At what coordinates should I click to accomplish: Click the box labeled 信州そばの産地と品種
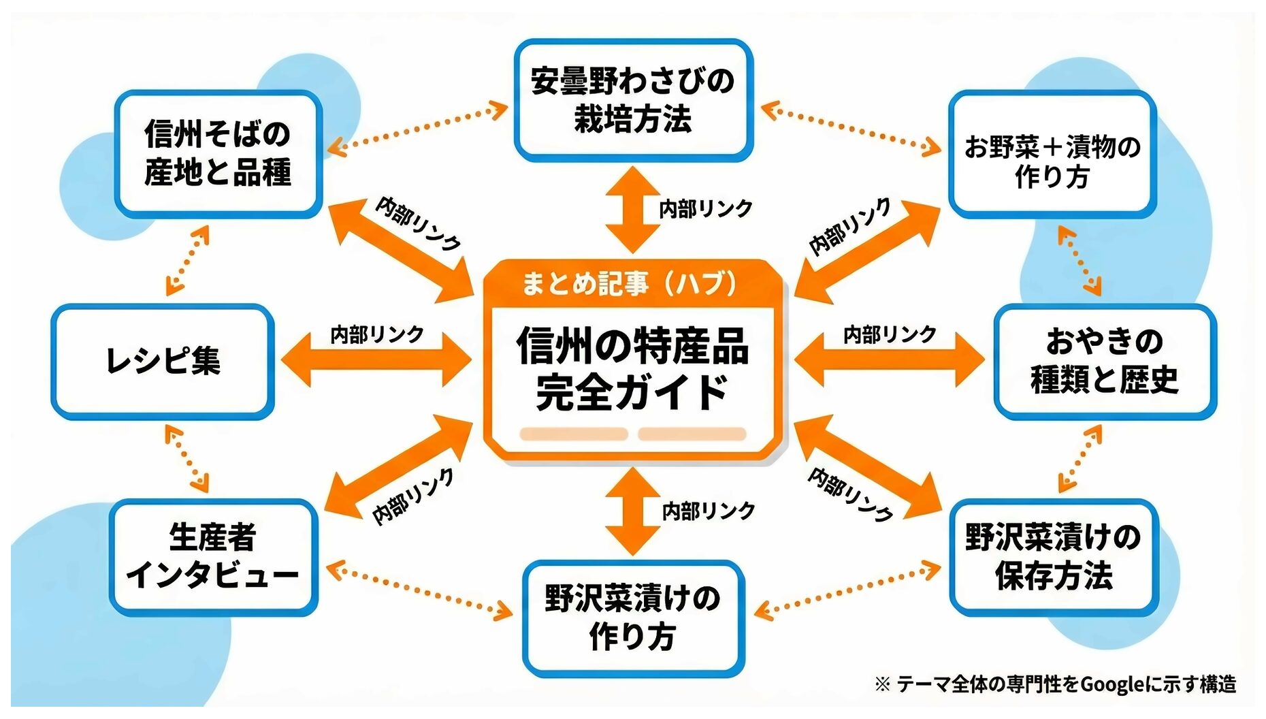click(218, 153)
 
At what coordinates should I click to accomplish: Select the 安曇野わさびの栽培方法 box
click(633, 100)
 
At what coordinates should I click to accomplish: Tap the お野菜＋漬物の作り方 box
click(1052, 155)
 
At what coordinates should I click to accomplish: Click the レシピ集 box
click(163, 361)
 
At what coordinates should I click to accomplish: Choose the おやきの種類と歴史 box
click(1104, 361)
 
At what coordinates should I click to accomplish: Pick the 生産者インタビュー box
click(213, 556)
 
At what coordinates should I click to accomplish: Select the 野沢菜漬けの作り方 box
click(633, 618)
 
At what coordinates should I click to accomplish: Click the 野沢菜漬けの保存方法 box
click(1053, 556)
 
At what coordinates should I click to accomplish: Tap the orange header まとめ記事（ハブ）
click(630, 283)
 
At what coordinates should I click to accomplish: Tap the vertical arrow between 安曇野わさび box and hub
click(632, 210)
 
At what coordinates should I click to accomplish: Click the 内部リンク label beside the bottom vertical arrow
click(709, 511)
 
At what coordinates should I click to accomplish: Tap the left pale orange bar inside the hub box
click(574, 434)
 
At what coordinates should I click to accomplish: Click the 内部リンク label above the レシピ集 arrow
click(376, 334)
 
